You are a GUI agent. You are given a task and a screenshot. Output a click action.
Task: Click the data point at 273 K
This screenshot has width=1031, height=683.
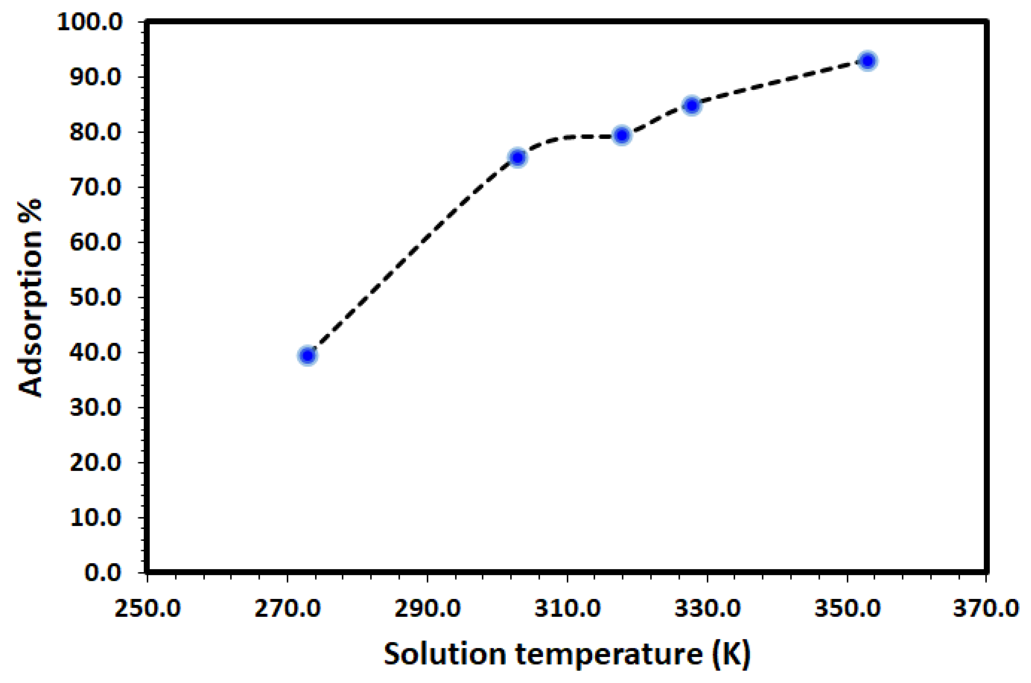tap(308, 355)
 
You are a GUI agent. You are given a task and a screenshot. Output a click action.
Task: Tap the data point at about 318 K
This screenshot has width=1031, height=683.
tap(622, 136)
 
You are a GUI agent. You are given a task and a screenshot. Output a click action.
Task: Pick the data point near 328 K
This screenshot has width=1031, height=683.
tap(692, 105)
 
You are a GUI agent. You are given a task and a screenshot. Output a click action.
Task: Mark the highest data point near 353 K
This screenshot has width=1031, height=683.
tap(868, 61)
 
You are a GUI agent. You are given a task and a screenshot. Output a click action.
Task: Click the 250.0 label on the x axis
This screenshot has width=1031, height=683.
tap(147, 608)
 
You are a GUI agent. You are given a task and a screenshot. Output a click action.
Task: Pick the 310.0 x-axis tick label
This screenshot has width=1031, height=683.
tap(568, 608)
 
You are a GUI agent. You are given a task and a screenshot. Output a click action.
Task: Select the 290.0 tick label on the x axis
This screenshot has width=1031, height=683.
tap(427, 608)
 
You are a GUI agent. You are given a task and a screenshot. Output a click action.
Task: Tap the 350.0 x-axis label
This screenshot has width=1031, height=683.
tap(847, 608)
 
